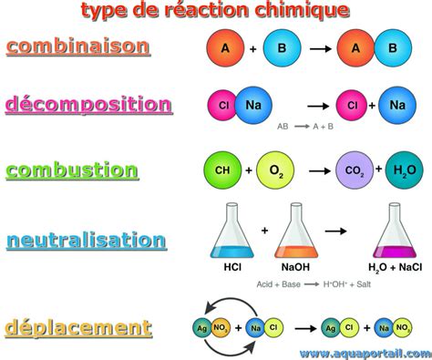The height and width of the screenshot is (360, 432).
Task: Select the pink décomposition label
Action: point(87,104)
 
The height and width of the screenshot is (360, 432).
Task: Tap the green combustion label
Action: point(72,170)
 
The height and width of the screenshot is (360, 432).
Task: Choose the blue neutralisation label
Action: point(86,241)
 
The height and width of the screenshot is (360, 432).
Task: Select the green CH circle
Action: point(221,170)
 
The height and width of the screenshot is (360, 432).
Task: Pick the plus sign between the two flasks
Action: point(264,231)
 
